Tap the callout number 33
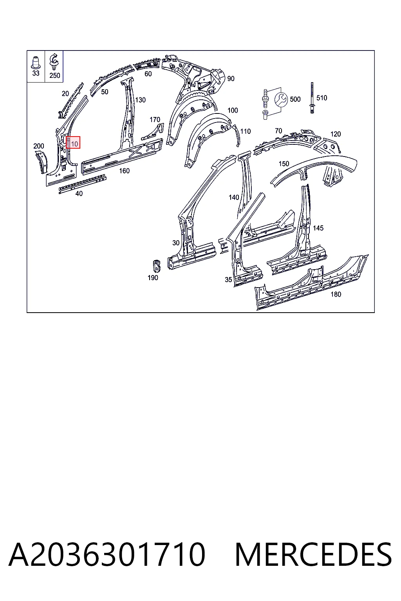[x=36, y=73]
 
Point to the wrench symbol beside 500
[x=281, y=100]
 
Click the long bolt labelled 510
[x=312, y=98]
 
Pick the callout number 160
[x=125, y=171]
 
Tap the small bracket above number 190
[x=156, y=266]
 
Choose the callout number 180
[x=336, y=294]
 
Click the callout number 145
[x=318, y=228]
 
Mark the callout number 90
[x=231, y=79]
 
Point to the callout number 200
[x=39, y=146]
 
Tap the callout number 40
[x=79, y=193]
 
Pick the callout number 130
[x=141, y=100]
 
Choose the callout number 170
[x=155, y=120]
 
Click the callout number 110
[x=246, y=131]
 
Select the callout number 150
[x=284, y=164]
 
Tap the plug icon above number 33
[x=36, y=63]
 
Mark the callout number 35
[x=228, y=280]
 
